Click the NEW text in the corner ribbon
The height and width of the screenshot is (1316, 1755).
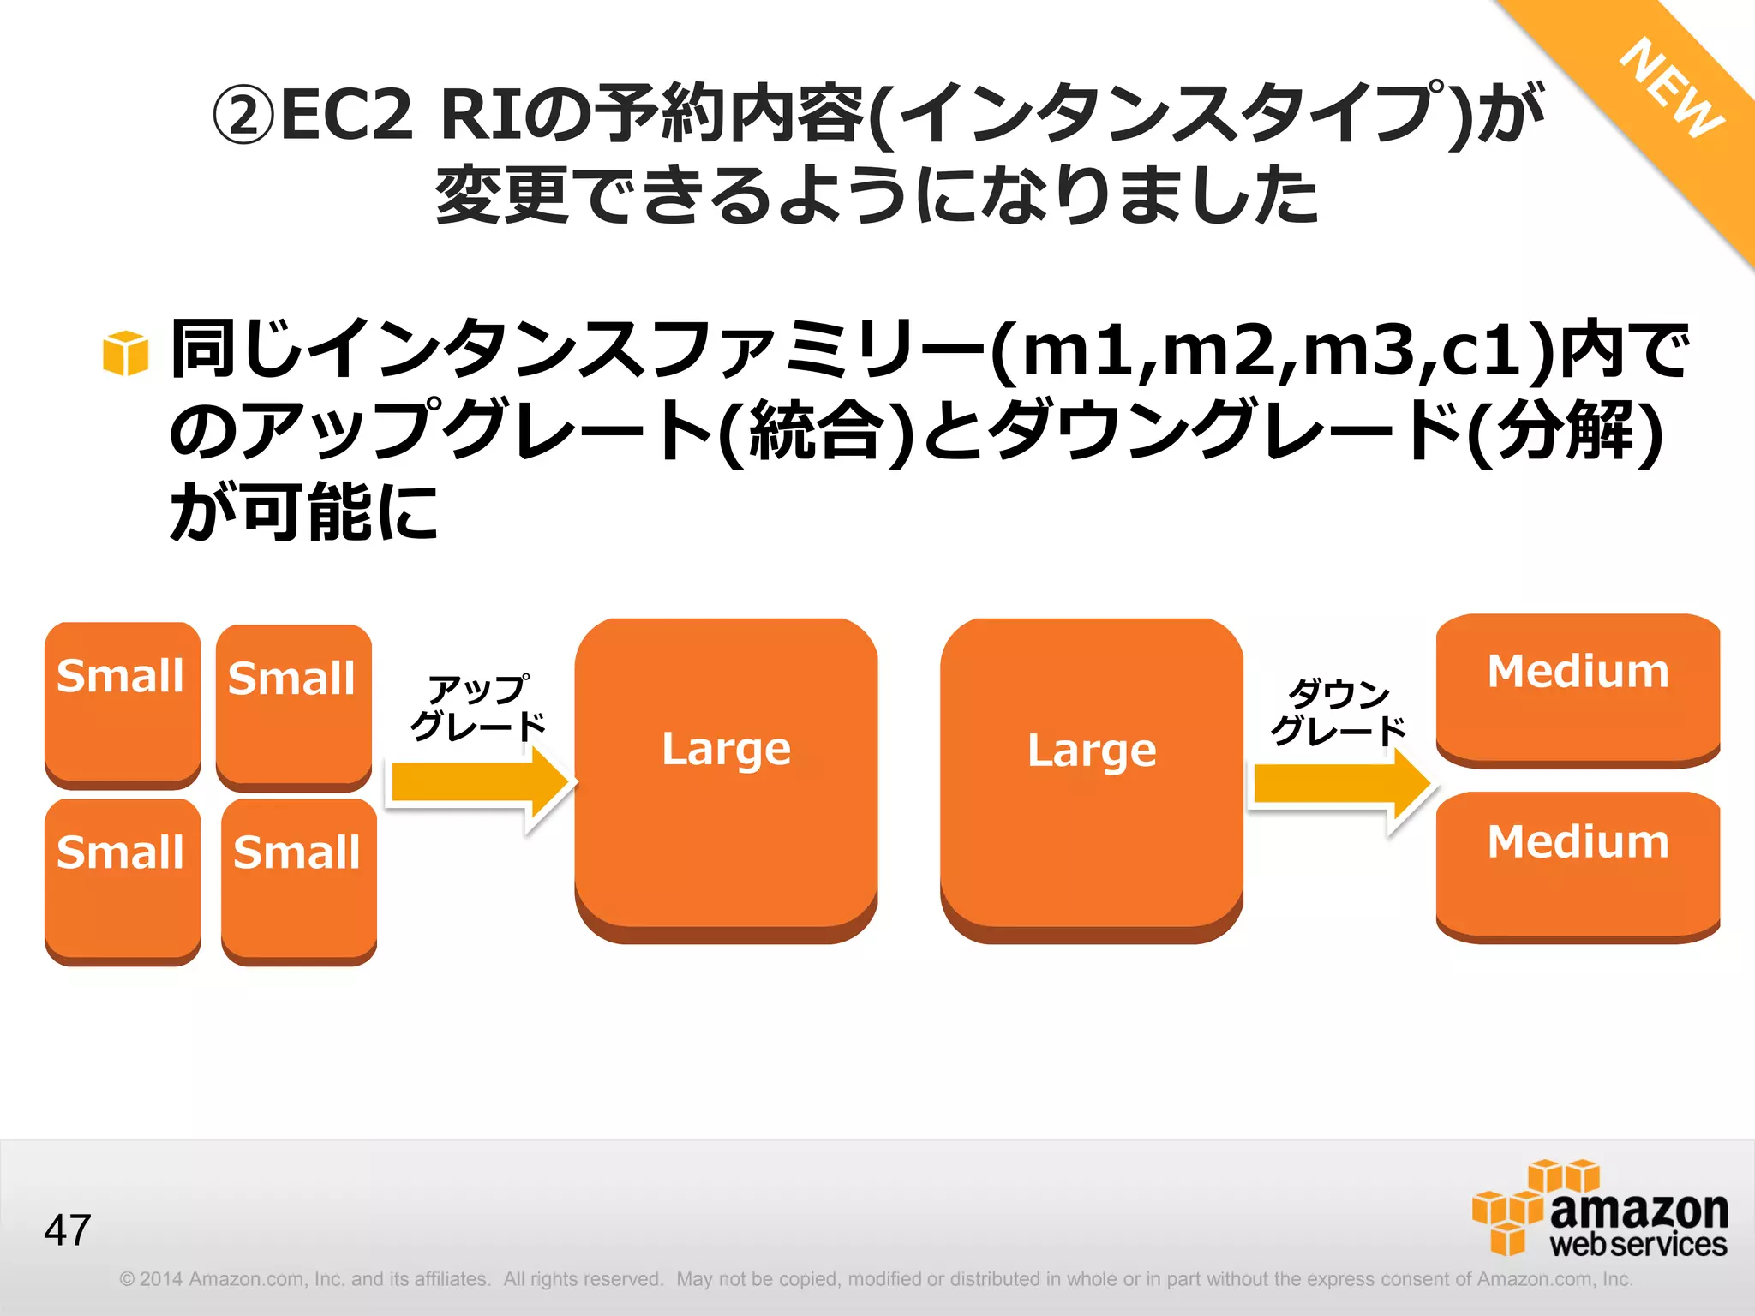pos(1671,88)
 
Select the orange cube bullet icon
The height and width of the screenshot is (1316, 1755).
pos(125,353)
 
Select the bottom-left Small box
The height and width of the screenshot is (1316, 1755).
pos(123,880)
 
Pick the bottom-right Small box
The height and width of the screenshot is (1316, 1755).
pos(299,880)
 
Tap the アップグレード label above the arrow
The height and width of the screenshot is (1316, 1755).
pos(478,708)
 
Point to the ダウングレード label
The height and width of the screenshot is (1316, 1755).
pos(1339,711)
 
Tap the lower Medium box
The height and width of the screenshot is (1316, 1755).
pos(1578,865)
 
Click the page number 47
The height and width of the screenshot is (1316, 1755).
pos(68,1230)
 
